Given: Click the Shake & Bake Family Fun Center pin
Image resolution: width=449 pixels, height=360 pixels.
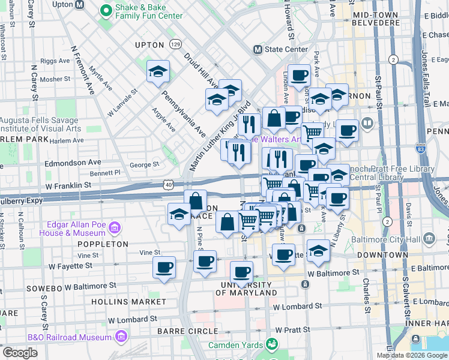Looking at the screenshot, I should tap(106, 10).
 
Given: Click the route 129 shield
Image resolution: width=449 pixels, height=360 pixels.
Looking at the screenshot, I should tap(175, 44).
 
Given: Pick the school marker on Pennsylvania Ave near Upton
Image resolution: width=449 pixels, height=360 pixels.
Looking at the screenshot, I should tap(158, 73).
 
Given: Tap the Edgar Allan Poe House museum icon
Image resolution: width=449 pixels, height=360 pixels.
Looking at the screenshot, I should tap(114, 229).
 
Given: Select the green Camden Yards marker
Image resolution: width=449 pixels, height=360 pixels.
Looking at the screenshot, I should tap(272, 344).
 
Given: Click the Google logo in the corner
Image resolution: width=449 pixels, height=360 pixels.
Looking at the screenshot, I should tap(20, 353).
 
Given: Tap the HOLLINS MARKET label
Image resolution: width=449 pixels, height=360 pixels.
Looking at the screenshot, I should tap(127, 301).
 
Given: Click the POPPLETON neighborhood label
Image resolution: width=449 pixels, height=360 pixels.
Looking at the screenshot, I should tap(102, 244).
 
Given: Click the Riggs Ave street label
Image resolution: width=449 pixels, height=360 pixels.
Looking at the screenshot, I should tap(55, 61).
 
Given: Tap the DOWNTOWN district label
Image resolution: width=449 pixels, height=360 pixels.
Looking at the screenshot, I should tap(379, 255).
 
